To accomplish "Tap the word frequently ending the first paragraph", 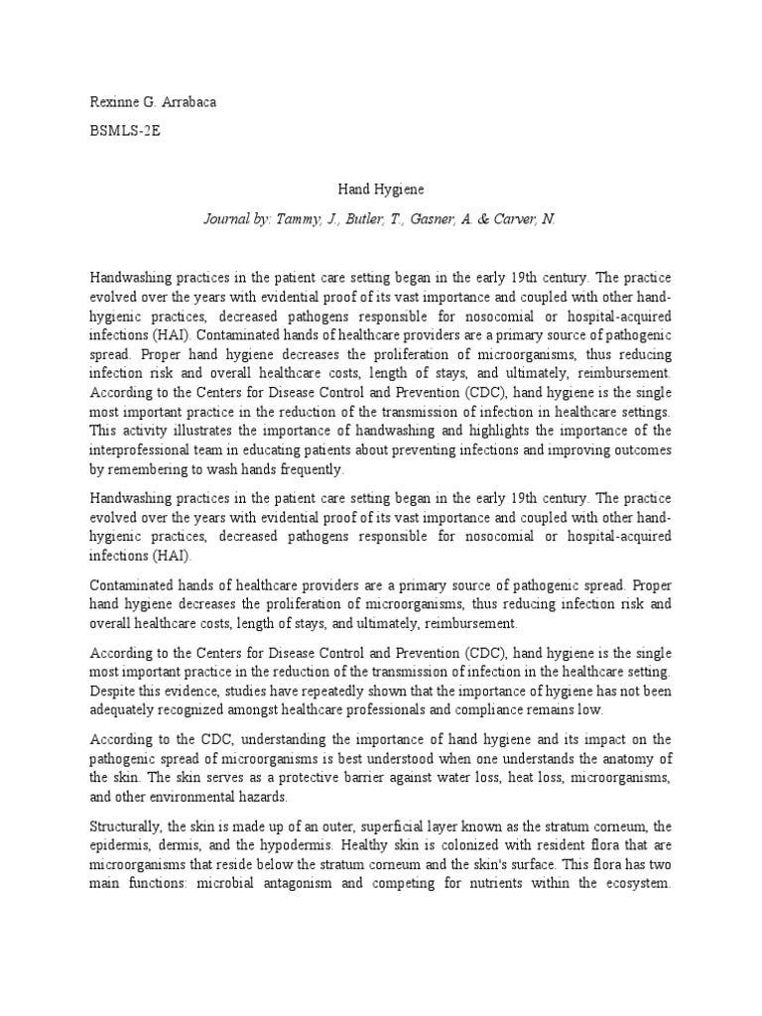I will [310, 468].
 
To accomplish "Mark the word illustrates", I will [210, 431].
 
